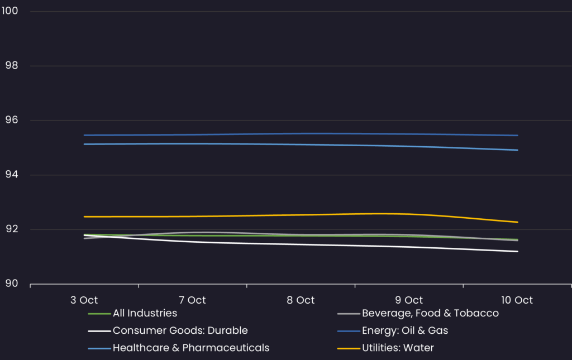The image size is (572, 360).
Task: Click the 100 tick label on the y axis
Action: coord(9,11)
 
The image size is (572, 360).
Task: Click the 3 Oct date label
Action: coord(84,300)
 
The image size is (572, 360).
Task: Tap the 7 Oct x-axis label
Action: coord(193,300)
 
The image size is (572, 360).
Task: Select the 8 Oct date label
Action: coord(301,300)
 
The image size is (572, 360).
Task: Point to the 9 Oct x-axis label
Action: coord(409,300)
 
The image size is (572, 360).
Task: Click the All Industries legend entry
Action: coord(145,313)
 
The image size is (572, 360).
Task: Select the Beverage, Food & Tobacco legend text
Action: coord(430,313)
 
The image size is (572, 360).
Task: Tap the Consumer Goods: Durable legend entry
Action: coord(180,330)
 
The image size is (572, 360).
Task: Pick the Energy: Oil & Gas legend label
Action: coord(405,330)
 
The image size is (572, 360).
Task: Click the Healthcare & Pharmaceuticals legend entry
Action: coord(191,348)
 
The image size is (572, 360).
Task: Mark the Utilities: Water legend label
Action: coord(398,348)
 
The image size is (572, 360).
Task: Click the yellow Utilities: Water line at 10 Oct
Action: coord(518,222)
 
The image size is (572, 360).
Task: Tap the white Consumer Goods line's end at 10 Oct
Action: coord(518,251)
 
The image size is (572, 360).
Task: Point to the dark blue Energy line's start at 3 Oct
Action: coord(84,135)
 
